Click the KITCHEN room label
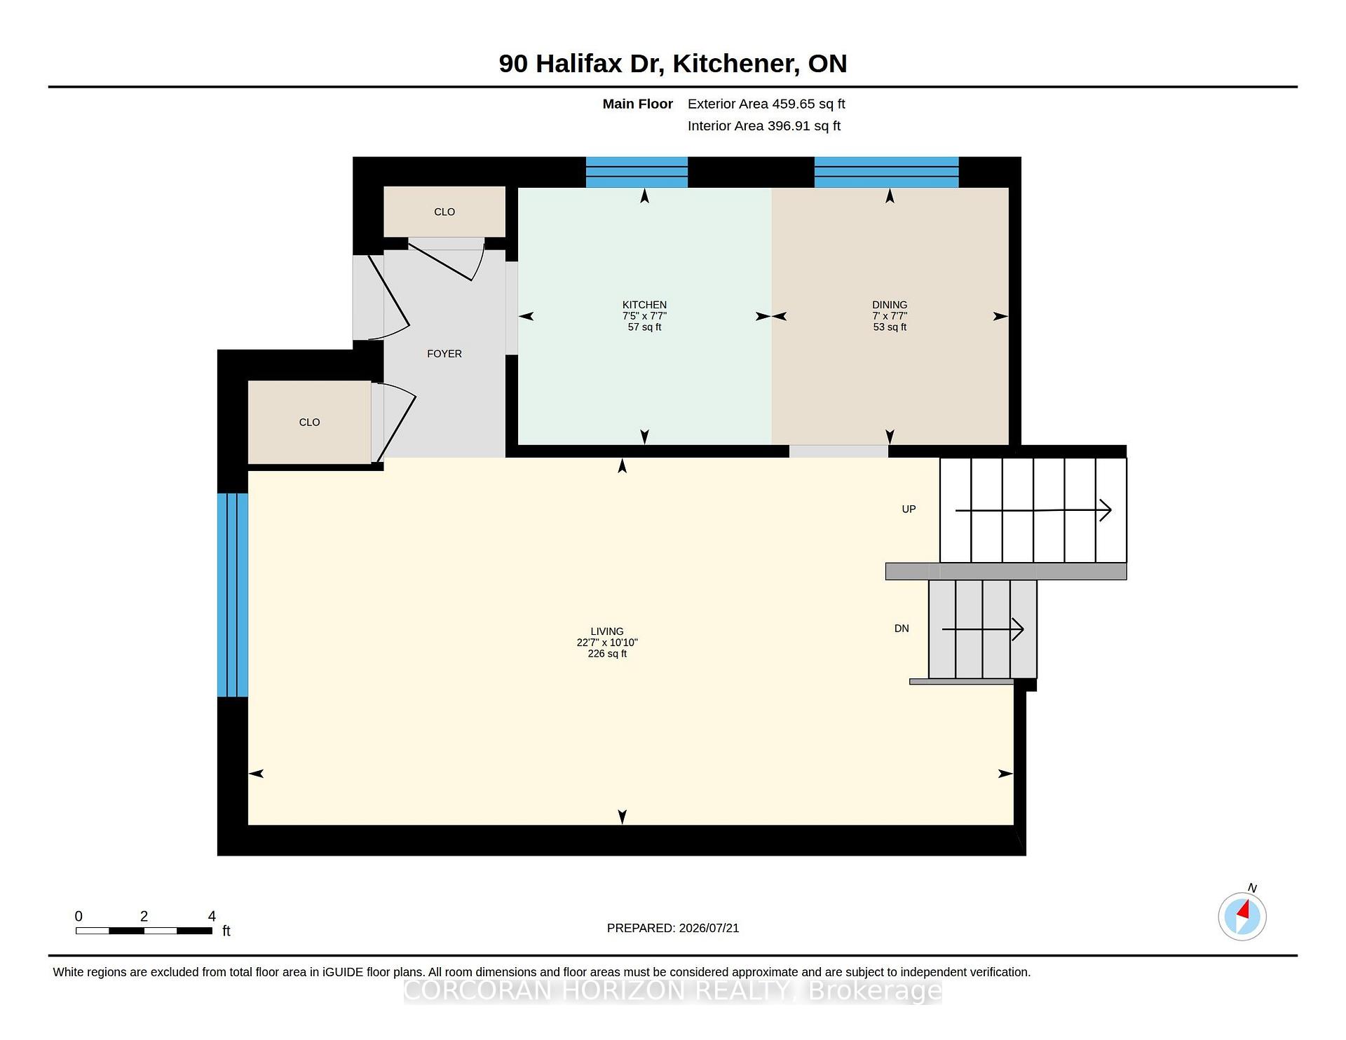coord(644,305)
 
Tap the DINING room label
coord(890,305)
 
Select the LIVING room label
coord(607,631)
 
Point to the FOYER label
coord(444,354)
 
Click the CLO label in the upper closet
coord(444,212)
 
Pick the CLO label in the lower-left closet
coord(309,422)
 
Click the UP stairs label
coord(909,509)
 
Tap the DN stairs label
coord(902,629)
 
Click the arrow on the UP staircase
coord(1033,510)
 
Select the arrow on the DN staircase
coord(983,629)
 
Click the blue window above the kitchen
coord(637,172)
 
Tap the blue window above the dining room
coord(886,172)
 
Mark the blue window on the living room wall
coord(233,595)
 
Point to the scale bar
coord(144,931)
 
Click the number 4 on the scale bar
coord(212,916)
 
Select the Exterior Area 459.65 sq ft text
coord(766,104)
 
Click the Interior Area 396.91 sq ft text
coord(764,126)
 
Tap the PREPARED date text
coord(673,928)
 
